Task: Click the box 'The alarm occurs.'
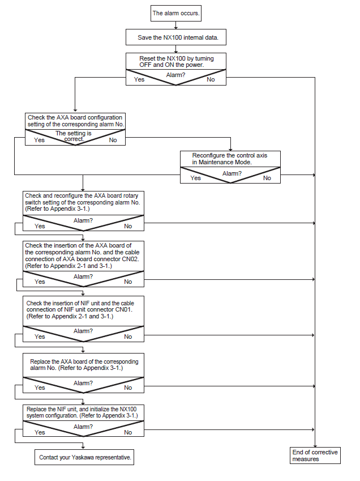tap(176, 13)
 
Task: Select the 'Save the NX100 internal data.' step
tap(176, 37)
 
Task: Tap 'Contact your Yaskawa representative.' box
tap(84, 457)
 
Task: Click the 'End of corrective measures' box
tap(315, 456)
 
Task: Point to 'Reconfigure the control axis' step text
tap(229, 156)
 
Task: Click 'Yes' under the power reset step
tap(139, 79)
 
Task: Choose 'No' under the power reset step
tap(211, 79)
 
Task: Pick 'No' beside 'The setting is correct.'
tap(113, 140)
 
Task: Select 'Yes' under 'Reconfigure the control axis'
tap(195, 178)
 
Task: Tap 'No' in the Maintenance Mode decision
tap(267, 178)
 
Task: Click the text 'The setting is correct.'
tap(74, 136)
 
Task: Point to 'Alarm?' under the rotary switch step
tap(83, 220)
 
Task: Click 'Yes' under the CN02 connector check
tap(40, 282)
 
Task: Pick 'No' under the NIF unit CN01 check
tap(128, 337)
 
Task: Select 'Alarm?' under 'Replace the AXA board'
tap(83, 383)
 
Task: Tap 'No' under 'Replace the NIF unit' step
tap(128, 432)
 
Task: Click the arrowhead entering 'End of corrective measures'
tap(315, 446)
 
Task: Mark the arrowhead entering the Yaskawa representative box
tap(83, 447)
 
